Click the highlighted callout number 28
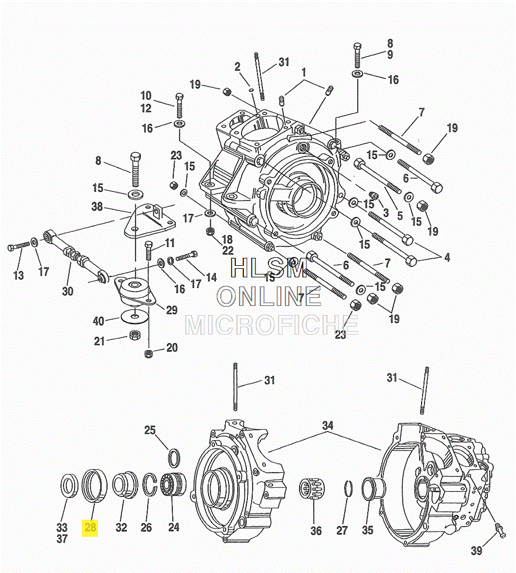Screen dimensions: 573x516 (90, 527)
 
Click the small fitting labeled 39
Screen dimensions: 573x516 (500, 529)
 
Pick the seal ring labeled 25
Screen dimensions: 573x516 (174, 458)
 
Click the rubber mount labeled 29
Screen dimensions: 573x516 (136, 291)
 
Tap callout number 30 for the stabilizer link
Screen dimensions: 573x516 (68, 291)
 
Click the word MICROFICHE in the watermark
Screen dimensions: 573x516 (271, 325)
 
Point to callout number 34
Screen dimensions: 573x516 (327, 426)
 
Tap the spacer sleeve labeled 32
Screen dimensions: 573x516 (123, 485)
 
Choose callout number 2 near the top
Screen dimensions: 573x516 (237, 67)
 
